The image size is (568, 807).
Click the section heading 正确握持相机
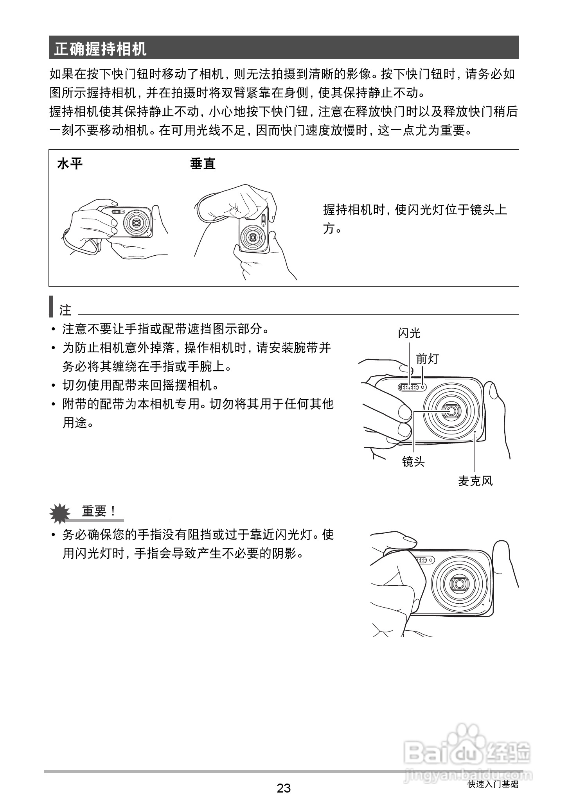(100, 49)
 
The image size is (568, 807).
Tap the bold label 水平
(70, 163)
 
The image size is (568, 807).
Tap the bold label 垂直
(203, 163)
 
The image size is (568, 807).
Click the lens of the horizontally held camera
(136, 222)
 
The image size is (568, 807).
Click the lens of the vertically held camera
(253, 237)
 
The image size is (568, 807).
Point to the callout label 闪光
(409, 333)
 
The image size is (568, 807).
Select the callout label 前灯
(427, 359)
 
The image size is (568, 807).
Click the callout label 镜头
(413, 462)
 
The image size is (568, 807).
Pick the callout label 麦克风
(475, 481)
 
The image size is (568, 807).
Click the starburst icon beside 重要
(60, 513)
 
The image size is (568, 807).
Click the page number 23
(284, 788)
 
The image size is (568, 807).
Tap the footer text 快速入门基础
(493, 784)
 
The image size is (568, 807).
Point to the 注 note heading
(65, 310)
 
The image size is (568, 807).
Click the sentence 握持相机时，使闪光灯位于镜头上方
(415, 219)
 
